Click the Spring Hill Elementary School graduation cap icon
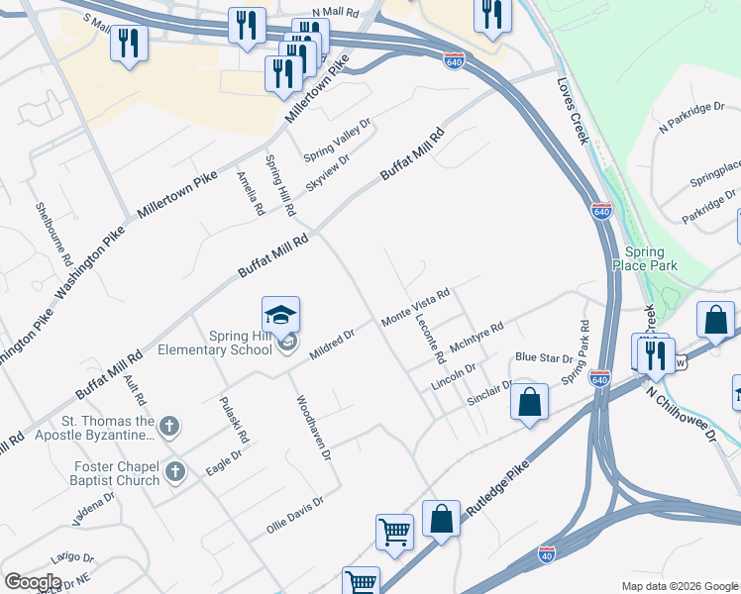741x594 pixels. point(280,315)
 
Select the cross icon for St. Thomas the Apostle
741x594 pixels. point(169,427)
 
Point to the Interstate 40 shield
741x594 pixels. point(547,553)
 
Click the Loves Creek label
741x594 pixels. point(574,111)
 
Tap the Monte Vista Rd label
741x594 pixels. point(416,307)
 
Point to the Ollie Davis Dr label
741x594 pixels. point(295,516)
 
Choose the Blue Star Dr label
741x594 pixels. point(544,358)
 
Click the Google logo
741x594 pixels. point(33,581)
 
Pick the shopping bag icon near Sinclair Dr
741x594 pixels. point(530,402)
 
